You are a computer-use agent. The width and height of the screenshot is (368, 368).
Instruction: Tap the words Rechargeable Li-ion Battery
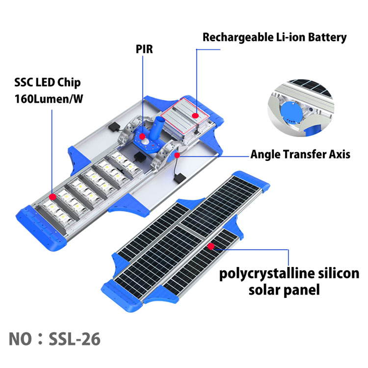coord(275,37)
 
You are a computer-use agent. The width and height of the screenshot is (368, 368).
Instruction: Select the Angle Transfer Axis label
coord(300,154)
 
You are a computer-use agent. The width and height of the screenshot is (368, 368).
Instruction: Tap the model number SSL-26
coord(75,339)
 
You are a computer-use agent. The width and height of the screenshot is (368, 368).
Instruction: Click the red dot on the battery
coord(195,116)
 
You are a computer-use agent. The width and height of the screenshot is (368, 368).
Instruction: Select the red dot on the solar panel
coord(210,246)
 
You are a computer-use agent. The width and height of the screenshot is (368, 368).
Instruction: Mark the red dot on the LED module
coord(52,196)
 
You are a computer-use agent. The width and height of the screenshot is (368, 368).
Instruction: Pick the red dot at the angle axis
coord(175,155)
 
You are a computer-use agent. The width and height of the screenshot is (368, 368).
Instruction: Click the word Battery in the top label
coord(327,37)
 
